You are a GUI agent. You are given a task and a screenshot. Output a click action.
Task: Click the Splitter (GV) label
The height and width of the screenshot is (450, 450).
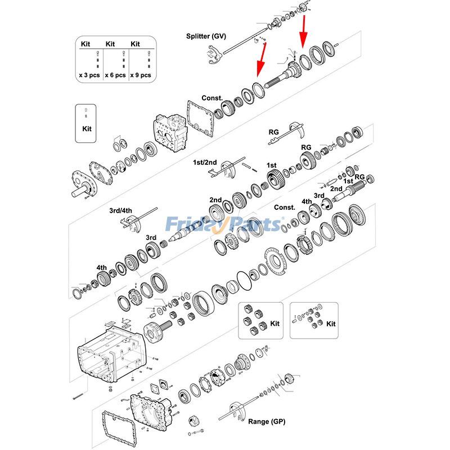click(x=206, y=36)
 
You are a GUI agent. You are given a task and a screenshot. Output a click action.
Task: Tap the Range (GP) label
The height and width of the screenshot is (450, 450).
click(x=267, y=421)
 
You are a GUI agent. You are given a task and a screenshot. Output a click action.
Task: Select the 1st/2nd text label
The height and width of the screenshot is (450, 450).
click(x=205, y=163)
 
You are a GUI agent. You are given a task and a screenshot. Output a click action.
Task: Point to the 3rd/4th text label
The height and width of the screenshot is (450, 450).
click(x=120, y=210)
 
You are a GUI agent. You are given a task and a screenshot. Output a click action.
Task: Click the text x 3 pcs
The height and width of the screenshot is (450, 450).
click(x=89, y=75)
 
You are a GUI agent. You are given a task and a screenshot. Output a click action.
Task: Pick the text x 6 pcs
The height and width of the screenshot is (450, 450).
click(x=115, y=75)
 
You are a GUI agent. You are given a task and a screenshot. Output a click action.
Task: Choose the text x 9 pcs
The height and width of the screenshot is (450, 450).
click(x=140, y=75)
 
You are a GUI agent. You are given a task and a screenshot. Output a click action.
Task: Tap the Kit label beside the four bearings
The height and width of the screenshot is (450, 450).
click(x=274, y=324)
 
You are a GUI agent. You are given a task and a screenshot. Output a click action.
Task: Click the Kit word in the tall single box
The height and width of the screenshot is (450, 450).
click(x=86, y=129)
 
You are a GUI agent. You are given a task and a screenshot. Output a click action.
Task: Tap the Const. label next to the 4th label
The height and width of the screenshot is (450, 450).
click(x=285, y=207)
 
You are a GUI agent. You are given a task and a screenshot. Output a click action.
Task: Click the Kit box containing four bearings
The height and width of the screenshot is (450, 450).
click(x=260, y=320)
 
